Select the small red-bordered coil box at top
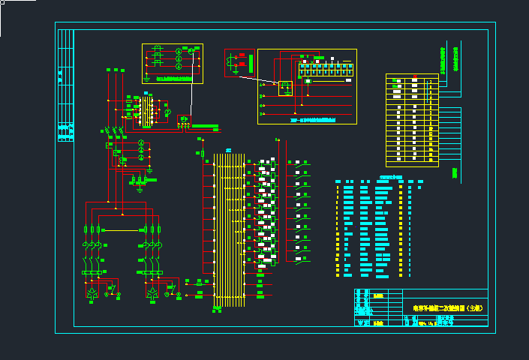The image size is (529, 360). click(240, 63)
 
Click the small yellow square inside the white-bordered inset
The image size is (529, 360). click(285, 88)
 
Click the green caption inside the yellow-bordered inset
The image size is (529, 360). click(172, 76)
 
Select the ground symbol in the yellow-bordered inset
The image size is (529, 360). click(147, 76)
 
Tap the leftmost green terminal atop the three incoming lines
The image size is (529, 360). click(108, 70)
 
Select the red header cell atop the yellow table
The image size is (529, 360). click(412, 77)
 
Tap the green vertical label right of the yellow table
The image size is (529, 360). click(455, 173)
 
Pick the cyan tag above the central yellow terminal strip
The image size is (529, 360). click(227, 148)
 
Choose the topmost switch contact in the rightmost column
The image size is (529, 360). click(301, 162)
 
